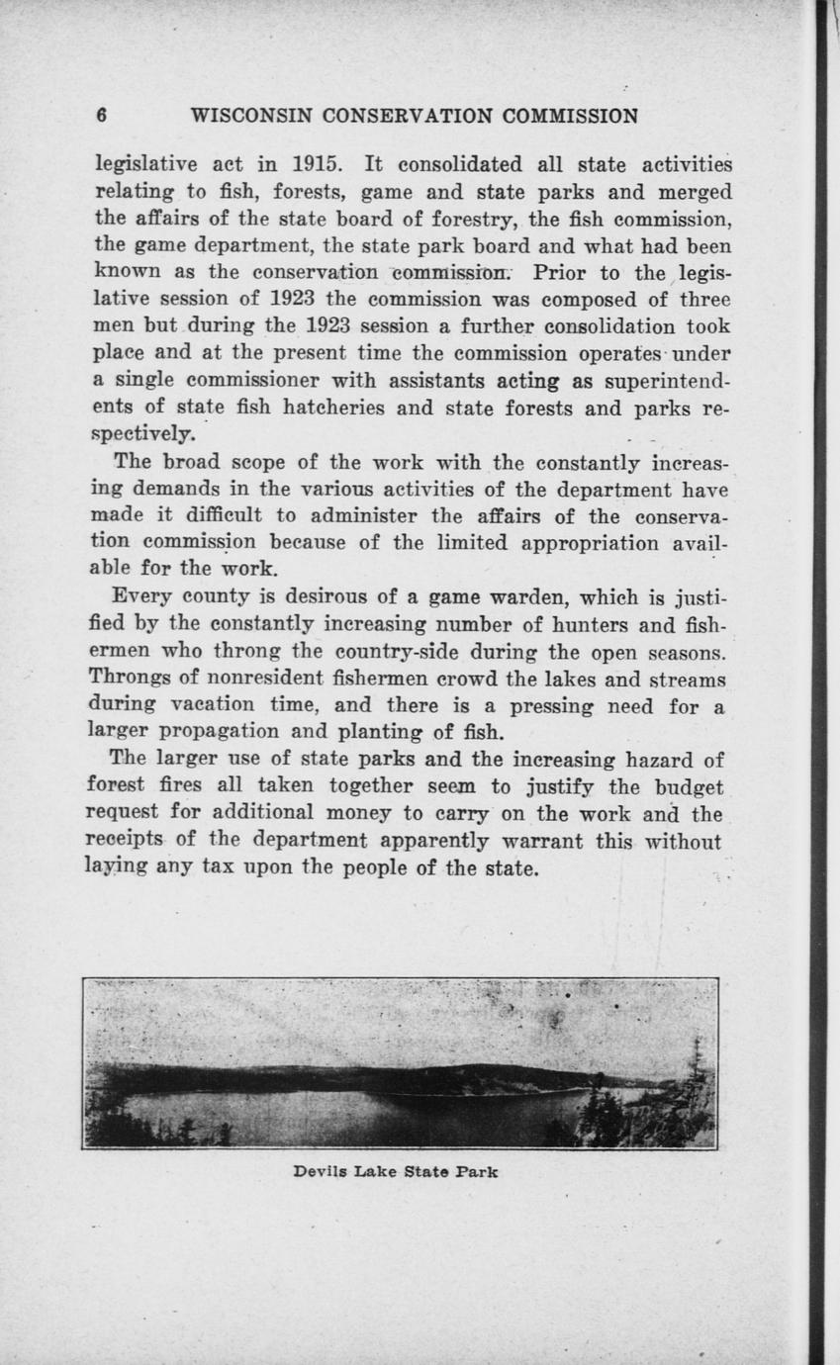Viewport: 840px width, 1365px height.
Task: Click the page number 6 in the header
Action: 101,116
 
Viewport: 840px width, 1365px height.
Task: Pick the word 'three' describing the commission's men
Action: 704,298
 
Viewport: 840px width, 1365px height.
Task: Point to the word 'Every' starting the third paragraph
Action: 142,596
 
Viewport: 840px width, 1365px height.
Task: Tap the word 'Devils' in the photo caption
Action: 319,1172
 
